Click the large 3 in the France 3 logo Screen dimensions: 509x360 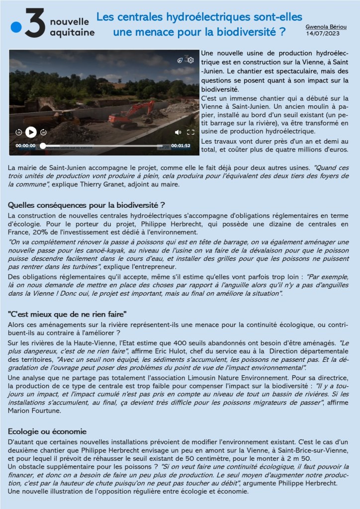coord(36,24)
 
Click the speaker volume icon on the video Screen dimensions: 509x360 coord(178,132)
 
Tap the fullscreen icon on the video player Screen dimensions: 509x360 coord(190,132)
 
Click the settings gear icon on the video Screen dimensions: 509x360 coord(190,60)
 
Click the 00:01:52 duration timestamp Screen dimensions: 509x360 coord(181,146)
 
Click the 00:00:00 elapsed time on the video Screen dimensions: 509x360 coord(25,146)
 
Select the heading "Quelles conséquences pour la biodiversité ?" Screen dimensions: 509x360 coord(87,204)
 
